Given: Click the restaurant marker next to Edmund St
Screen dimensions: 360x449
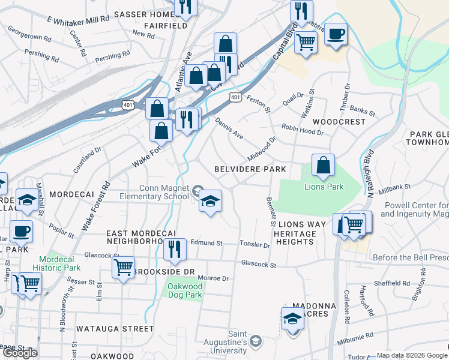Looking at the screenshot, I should [175, 248].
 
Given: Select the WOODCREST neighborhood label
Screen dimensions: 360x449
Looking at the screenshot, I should [343, 122].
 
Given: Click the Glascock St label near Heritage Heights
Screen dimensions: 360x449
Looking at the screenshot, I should [258, 263].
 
